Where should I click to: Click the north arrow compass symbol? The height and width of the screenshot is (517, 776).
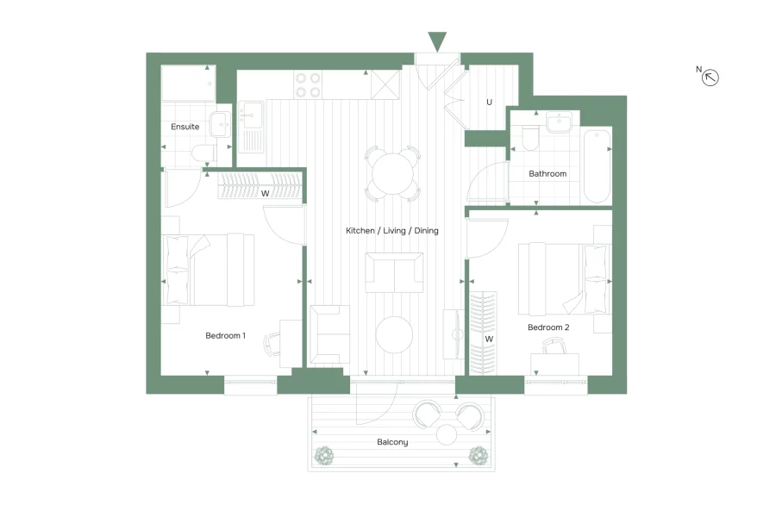click(x=710, y=78)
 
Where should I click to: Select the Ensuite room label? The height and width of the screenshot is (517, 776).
click(x=185, y=127)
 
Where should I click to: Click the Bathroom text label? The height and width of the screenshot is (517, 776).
click(x=548, y=173)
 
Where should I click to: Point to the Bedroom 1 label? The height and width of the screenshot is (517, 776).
click(x=225, y=335)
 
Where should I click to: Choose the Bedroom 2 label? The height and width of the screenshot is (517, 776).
click(x=548, y=327)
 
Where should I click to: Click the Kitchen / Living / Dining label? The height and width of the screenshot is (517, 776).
click(x=392, y=231)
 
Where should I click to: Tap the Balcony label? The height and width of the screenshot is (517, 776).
click(x=392, y=442)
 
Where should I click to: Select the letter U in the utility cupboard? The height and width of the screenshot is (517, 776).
click(x=489, y=102)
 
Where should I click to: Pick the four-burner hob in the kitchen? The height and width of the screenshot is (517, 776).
click(x=309, y=84)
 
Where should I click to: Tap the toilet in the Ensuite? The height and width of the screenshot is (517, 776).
click(x=204, y=153)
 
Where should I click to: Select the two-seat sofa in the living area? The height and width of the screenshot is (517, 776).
click(x=394, y=272)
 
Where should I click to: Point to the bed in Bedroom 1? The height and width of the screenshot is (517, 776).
click(x=208, y=270)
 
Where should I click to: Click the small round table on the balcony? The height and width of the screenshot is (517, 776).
click(x=447, y=434)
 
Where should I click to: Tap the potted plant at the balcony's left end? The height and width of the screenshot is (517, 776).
click(x=326, y=455)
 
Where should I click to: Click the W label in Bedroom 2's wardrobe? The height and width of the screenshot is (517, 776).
click(x=489, y=339)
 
